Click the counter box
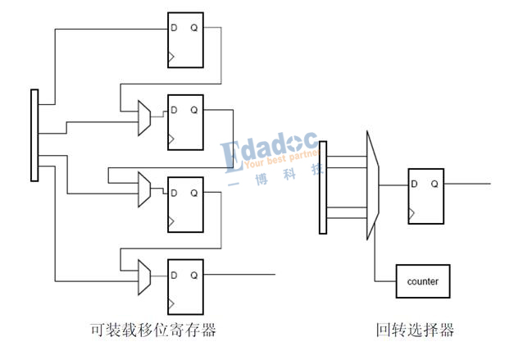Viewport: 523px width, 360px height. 422,281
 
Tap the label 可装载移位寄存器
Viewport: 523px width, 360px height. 153,330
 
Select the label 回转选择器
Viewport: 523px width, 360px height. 415,330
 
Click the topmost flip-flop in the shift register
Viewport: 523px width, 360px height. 185,40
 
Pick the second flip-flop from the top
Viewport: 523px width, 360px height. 185,122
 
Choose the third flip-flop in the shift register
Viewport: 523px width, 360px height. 185,204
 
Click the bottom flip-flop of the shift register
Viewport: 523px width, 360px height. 185,286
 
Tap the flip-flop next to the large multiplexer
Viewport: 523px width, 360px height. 425,196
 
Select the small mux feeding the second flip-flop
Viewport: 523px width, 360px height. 144,119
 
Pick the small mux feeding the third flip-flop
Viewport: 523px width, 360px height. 144,189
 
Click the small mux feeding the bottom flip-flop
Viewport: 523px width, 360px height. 144,277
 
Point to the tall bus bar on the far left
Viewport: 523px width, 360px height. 34,135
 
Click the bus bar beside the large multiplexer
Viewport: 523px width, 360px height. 323,187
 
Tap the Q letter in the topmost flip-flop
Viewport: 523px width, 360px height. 194,28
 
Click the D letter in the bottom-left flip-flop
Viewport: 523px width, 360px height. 174,275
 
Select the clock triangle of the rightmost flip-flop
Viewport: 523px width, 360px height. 413,215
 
